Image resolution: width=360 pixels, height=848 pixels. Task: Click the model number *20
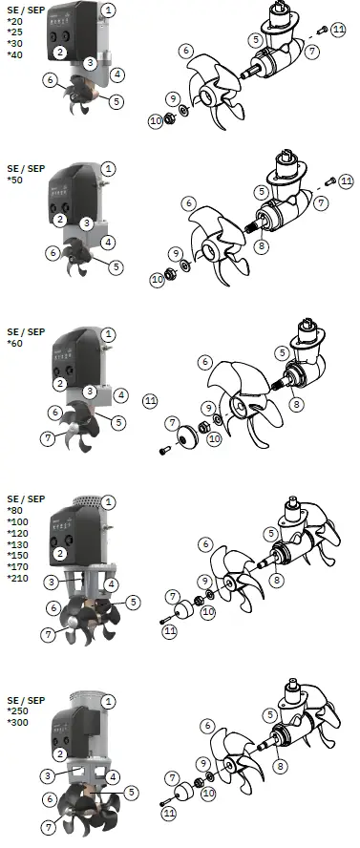coord(15,22)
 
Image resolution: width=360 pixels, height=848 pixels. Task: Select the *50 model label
coord(15,180)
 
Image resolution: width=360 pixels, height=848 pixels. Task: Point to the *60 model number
coord(15,344)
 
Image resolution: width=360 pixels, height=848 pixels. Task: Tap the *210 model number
coord(18,578)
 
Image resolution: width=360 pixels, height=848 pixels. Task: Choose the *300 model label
coord(18,722)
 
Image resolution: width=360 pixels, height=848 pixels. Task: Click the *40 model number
coord(15,54)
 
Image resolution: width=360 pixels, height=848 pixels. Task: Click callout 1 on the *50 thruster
coord(109,167)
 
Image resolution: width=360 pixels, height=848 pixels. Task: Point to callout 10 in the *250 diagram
coord(208,792)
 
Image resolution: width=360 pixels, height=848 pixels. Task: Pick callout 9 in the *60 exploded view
coord(206,408)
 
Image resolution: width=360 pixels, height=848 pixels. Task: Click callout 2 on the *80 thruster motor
coord(60,553)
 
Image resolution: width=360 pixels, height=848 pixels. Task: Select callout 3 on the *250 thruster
coord(45,775)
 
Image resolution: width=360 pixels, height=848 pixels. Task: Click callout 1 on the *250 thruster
coord(109,701)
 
